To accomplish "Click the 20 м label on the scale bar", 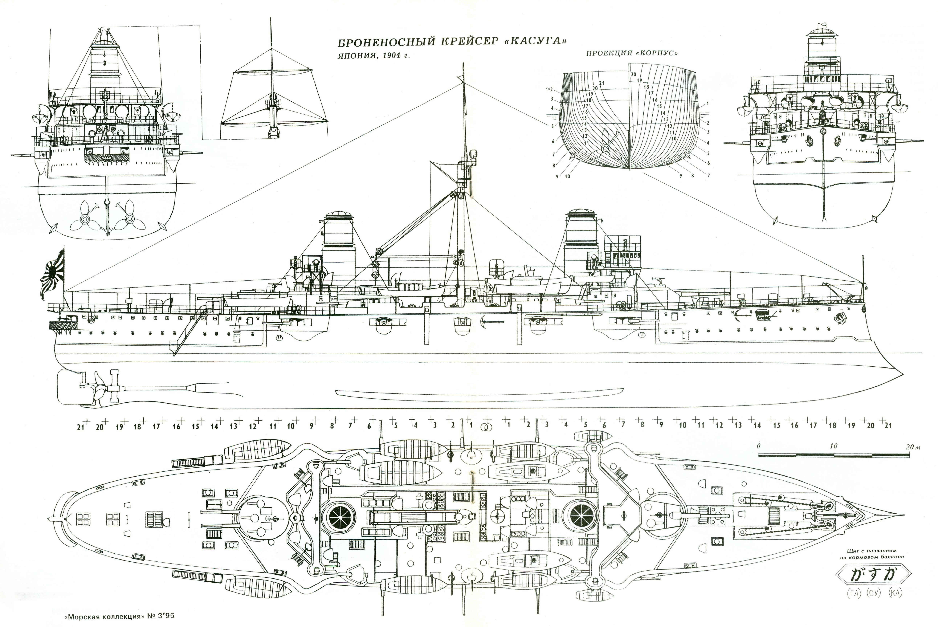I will point(912,447).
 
